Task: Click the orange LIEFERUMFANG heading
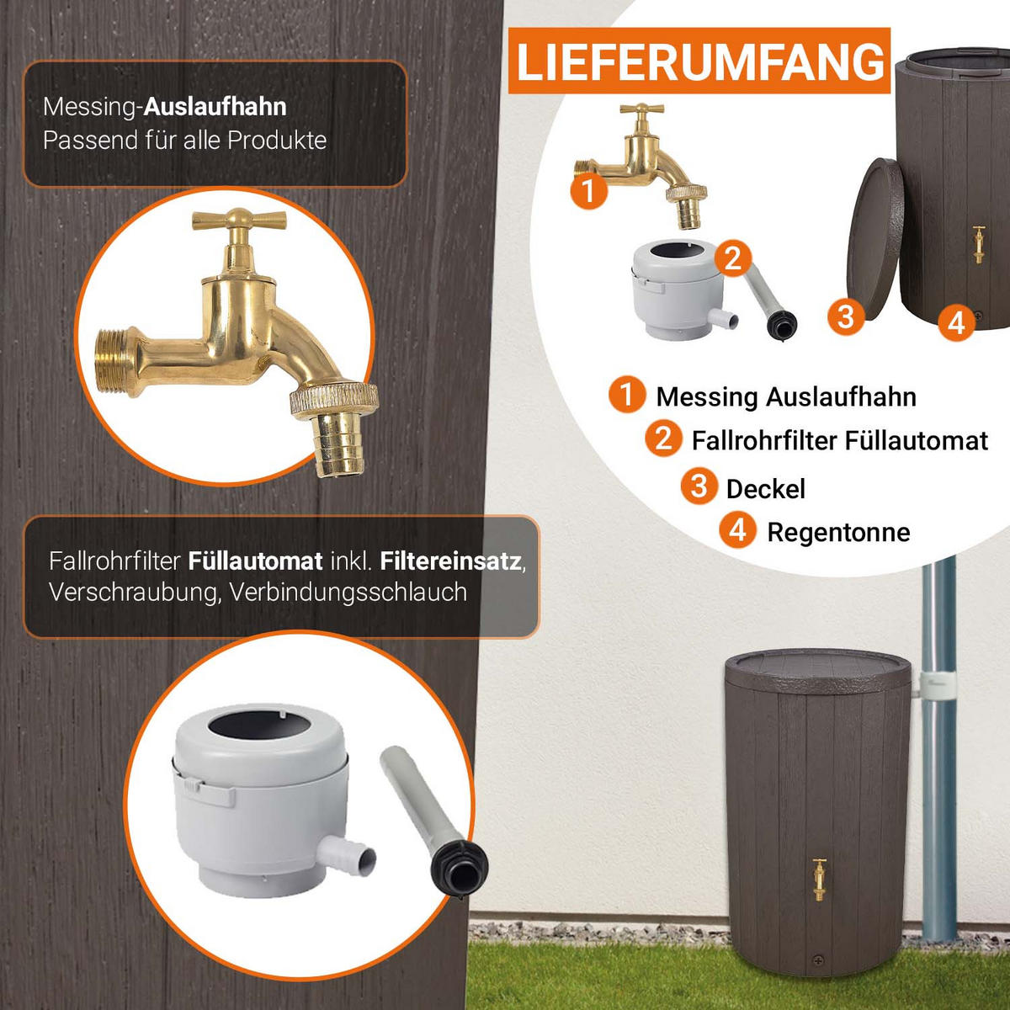pos(699,61)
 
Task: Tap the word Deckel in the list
pos(765,489)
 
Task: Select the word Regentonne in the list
pos(838,533)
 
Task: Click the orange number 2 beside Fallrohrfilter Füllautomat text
pos(663,439)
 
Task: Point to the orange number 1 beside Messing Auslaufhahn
pos(627,395)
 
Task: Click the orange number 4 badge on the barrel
pos(956,322)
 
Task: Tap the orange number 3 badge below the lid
pos(846,316)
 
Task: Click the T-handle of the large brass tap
pos(240,219)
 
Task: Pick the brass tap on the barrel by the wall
pos(819,880)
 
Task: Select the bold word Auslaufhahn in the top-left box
pos(215,107)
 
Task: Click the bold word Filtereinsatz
pos(451,561)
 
